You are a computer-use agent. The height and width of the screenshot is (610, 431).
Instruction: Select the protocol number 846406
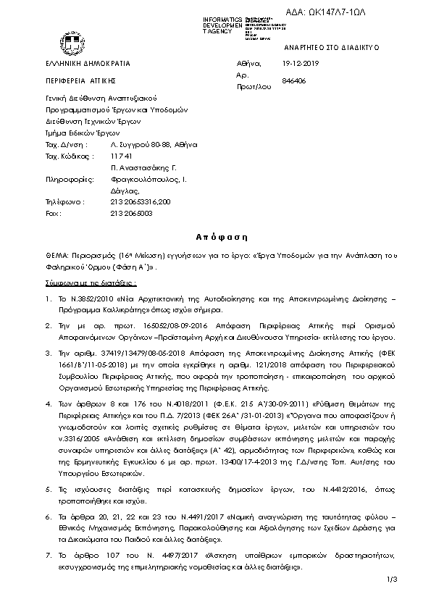[x=294, y=80]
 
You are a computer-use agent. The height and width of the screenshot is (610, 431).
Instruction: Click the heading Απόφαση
[x=217, y=237]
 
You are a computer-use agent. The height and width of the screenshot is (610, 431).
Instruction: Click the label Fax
[x=51, y=214]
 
